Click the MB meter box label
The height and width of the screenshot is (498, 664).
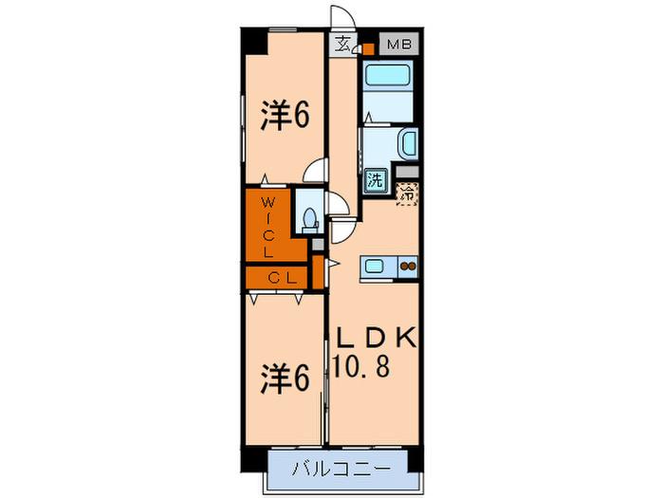point(399,44)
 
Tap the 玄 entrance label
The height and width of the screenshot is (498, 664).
point(342,44)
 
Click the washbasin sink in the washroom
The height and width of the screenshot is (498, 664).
point(409,143)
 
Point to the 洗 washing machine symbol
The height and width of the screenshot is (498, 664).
point(375,180)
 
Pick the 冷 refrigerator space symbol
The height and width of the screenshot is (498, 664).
point(408,194)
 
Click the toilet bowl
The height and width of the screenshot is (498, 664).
point(311,219)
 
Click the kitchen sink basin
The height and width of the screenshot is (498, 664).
point(375,267)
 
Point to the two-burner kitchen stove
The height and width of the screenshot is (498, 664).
point(408,267)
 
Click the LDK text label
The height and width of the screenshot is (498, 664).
point(376,338)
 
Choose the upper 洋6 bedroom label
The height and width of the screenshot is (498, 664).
point(285,115)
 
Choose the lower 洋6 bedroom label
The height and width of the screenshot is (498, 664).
point(285,378)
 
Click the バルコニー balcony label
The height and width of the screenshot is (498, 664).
point(341,469)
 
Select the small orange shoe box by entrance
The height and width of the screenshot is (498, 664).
point(368,48)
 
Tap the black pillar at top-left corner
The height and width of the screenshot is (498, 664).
point(254,41)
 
